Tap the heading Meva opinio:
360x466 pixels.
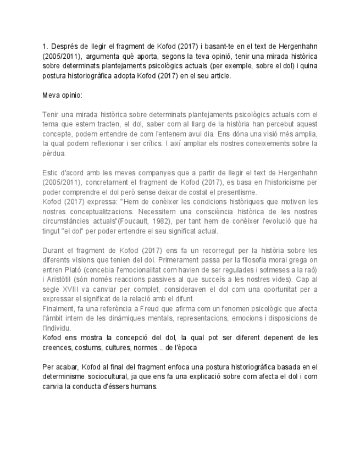[x=62, y=95]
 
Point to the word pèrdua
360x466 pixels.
[x=54, y=154]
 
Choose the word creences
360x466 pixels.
[x=57, y=347]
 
